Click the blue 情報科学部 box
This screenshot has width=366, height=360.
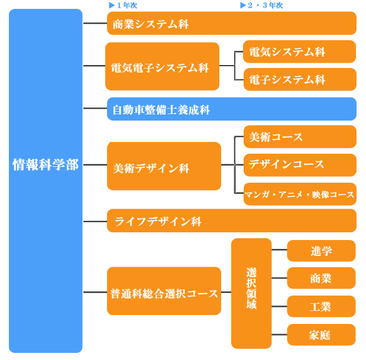pyautogui.click(x=46, y=180)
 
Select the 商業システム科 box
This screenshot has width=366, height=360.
pyautogui.click(x=232, y=23)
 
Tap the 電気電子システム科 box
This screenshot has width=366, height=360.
pyautogui.click(x=162, y=66)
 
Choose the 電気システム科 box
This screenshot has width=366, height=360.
pyautogui.click(x=299, y=51)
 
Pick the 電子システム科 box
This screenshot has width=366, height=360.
pyautogui.click(x=300, y=79)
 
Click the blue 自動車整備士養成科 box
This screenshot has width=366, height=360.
pyautogui.click(x=232, y=109)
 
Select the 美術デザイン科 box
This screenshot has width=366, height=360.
pyautogui.click(x=164, y=166)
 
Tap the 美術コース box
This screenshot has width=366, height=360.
pyautogui.click(x=300, y=137)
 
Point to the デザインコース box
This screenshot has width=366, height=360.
pyautogui.click(x=300, y=165)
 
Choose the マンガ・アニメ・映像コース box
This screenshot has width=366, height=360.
pyautogui.click(x=300, y=194)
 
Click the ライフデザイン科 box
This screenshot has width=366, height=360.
pyautogui.click(x=232, y=220)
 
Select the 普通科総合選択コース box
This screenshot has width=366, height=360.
pyautogui.click(x=164, y=291)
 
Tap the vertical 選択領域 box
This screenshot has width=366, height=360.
pyautogui.click(x=251, y=294)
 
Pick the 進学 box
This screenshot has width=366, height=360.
pyautogui.click(x=321, y=251)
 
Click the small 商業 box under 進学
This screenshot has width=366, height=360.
pyautogui.click(x=321, y=278)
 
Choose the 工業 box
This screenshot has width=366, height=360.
pyautogui.click(x=321, y=306)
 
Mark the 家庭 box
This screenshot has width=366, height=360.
pyautogui.click(x=321, y=335)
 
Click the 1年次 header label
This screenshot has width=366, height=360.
pyautogui.click(x=123, y=5)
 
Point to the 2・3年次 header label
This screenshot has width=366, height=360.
pyautogui.click(x=261, y=5)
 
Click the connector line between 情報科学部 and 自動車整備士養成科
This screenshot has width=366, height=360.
pyautogui.click(x=95, y=108)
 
